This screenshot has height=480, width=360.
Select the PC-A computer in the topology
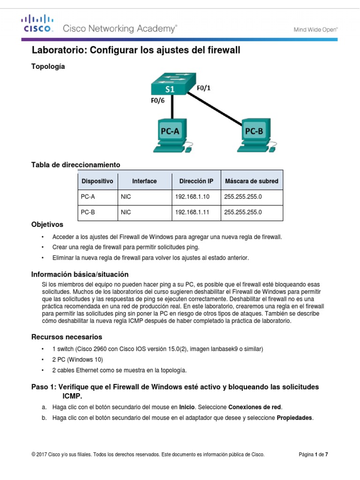coord(170,136)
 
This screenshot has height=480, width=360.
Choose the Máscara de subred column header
coord(251,181)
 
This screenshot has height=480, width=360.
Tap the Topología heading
coord(48,67)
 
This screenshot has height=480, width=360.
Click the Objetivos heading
coord(47,225)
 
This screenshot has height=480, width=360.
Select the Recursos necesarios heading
coord(67,337)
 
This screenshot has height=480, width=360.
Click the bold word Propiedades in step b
coord(294,418)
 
